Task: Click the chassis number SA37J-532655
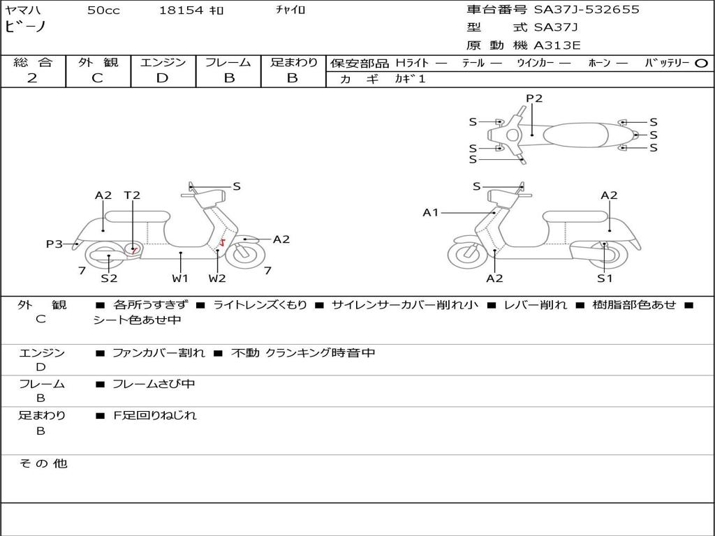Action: click(587, 10)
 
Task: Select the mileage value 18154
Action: click(181, 10)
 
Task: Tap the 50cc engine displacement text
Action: click(103, 10)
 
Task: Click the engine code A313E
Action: click(558, 46)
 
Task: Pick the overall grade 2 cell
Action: click(32, 78)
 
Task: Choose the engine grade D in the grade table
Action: click(162, 78)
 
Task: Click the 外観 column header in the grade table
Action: click(98, 62)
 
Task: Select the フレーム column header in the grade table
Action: click(228, 62)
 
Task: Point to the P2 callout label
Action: click(533, 98)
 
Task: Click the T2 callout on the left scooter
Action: click(132, 195)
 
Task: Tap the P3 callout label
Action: click(54, 244)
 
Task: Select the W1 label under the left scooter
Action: click(180, 278)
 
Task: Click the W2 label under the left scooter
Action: click(217, 278)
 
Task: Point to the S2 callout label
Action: click(109, 278)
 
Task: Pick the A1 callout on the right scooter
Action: click(430, 212)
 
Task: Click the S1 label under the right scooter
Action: click(605, 278)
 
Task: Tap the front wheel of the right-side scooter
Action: click(467, 254)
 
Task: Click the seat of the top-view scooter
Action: click(577, 134)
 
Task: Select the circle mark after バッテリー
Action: click(702, 63)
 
